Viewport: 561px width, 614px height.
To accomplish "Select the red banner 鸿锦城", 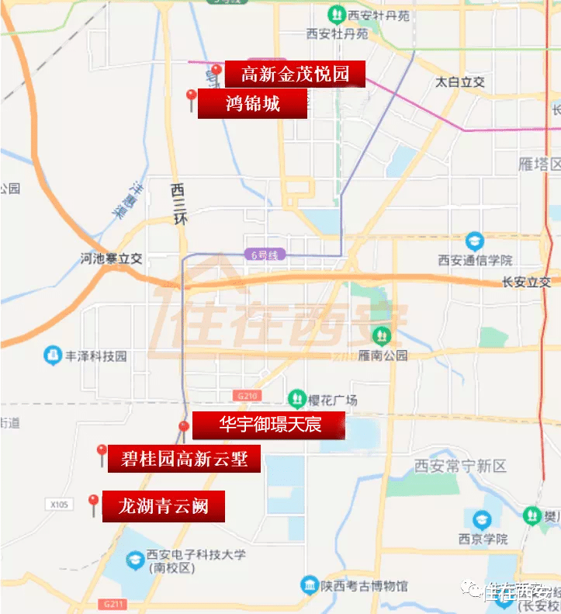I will point(252,104).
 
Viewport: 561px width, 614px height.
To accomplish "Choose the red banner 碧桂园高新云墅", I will point(185,458).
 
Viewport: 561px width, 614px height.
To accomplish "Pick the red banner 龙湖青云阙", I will point(164,507).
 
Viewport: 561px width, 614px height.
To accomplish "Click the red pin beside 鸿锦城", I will point(192,99).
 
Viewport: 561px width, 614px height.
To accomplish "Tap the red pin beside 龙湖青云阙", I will point(94,504).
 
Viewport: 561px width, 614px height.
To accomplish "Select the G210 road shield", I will point(248,396).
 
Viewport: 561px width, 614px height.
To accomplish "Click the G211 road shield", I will point(112,603).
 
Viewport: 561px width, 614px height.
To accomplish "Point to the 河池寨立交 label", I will point(112,259).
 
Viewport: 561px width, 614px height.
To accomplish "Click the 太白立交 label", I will point(459,82).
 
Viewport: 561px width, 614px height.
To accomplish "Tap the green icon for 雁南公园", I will point(382,336).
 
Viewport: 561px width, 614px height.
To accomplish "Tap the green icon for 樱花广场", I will point(296,399).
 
